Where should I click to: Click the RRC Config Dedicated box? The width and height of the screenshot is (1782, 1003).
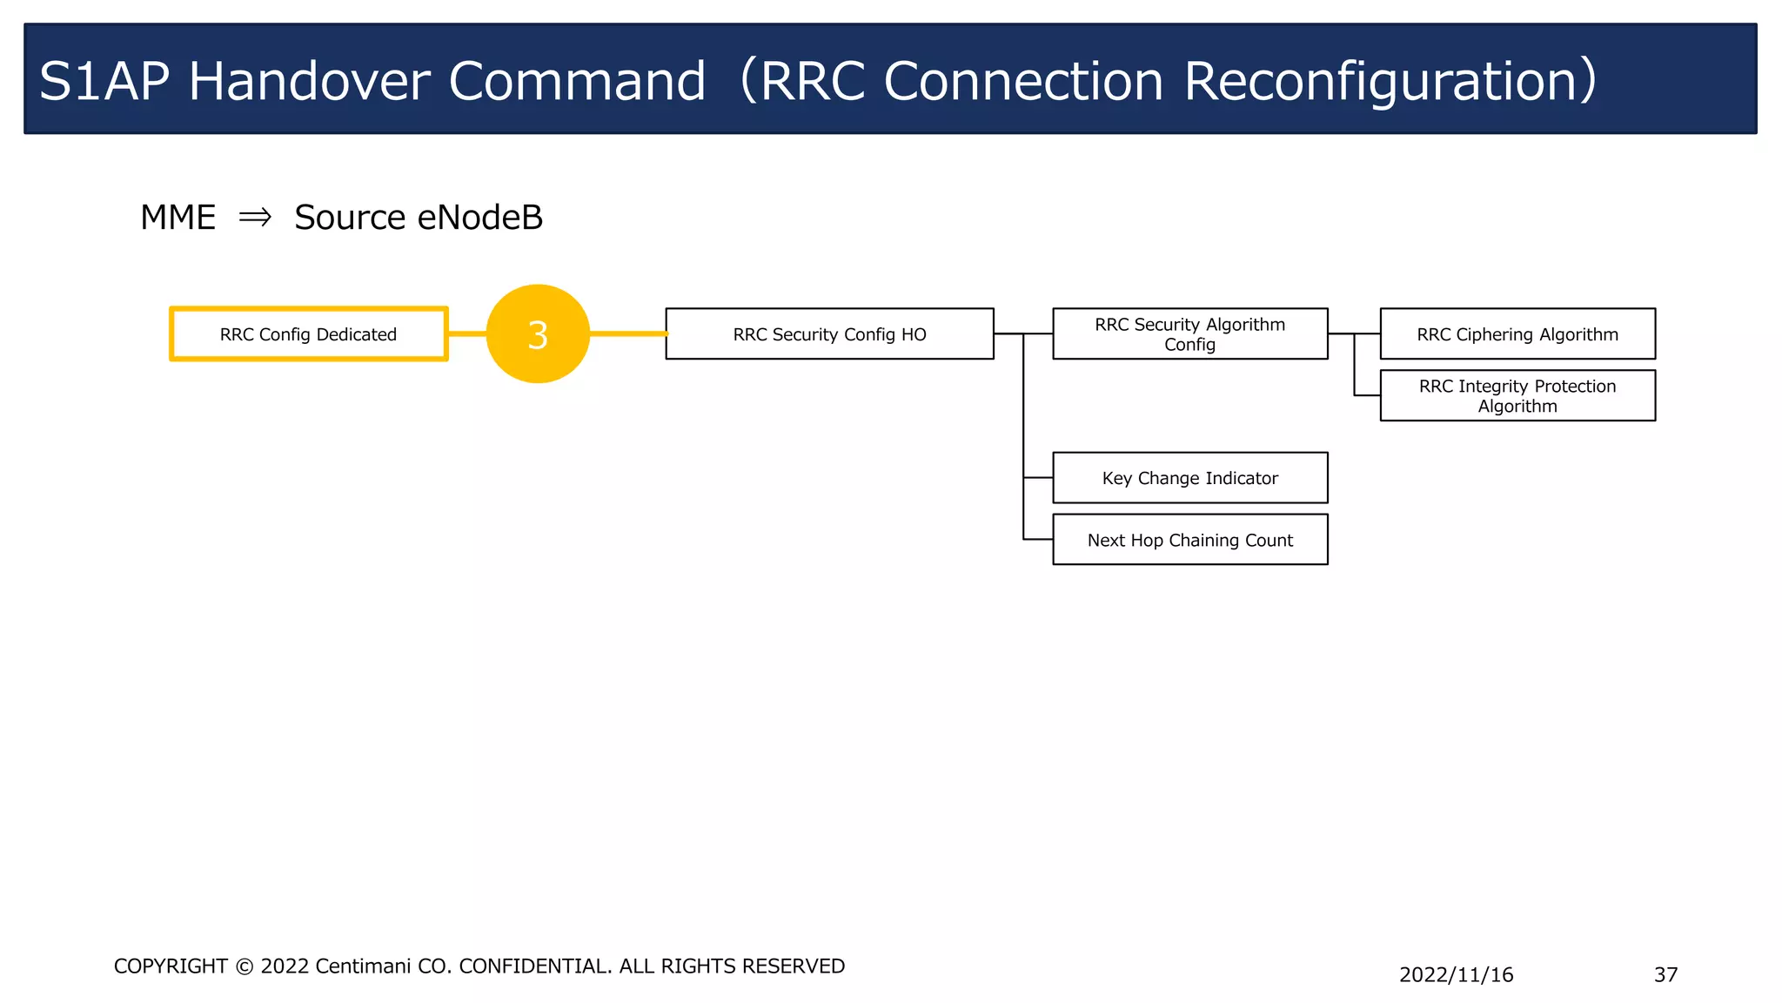click(309, 334)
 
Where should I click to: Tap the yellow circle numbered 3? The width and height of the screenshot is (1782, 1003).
click(538, 334)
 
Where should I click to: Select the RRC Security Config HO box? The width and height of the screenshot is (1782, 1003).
click(829, 334)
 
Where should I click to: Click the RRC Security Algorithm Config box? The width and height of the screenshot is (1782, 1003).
click(1189, 334)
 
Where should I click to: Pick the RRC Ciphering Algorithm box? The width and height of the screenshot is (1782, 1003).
click(1517, 334)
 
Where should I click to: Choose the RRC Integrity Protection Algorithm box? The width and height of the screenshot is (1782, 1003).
click(1517, 396)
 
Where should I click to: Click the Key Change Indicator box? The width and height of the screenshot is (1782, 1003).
click(1189, 478)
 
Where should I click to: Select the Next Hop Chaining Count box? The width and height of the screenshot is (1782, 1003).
click(1189, 540)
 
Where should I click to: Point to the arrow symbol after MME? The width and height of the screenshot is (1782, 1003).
click(255, 217)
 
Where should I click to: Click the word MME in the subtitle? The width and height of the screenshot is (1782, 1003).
click(178, 218)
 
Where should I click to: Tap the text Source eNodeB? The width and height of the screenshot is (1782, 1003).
click(419, 218)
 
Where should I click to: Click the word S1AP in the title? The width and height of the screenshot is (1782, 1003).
click(104, 82)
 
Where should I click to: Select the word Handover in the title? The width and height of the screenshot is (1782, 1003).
click(310, 82)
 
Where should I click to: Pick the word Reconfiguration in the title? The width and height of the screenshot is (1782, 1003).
click(1389, 82)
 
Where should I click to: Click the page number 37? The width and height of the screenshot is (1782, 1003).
click(1665, 975)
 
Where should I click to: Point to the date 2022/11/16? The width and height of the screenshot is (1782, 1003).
click(1456, 975)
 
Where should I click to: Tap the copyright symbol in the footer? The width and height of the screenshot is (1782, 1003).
click(245, 967)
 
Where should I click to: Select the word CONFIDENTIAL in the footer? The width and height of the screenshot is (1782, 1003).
click(535, 966)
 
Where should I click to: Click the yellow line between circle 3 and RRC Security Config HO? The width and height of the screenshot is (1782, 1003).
click(628, 333)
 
